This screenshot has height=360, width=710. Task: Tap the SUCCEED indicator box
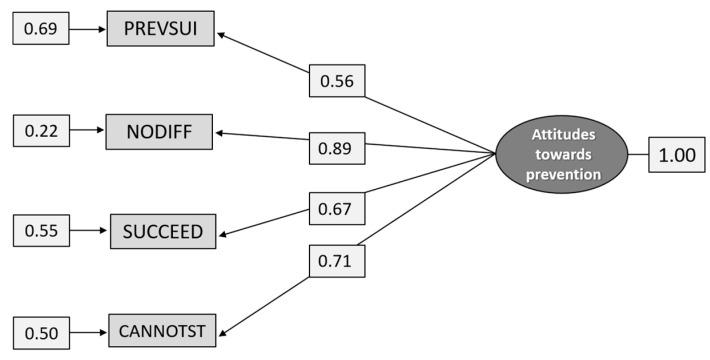click(163, 232)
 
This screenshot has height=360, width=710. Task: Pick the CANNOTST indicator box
click(163, 330)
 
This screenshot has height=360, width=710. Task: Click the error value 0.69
click(40, 29)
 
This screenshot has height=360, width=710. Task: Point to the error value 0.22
click(40, 130)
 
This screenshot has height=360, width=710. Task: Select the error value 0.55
click(40, 232)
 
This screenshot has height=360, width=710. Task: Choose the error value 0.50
click(40, 331)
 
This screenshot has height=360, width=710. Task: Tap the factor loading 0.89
click(336, 149)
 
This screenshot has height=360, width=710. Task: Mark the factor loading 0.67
click(336, 209)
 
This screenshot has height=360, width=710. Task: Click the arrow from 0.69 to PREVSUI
click(87, 29)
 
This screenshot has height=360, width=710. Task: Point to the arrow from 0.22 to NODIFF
click(87, 130)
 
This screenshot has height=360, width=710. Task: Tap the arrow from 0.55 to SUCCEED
click(87, 232)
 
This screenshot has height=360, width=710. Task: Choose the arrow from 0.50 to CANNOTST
click(87, 330)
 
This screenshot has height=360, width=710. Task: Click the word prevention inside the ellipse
click(563, 175)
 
